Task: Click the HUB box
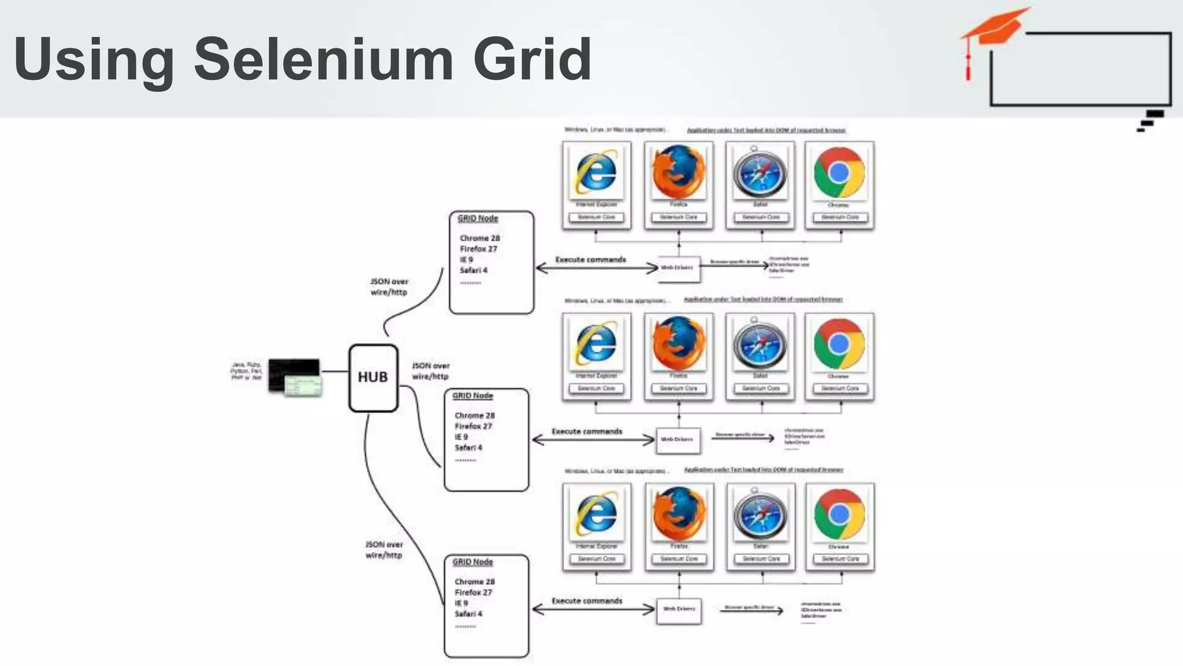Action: click(373, 378)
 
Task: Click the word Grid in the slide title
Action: click(532, 58)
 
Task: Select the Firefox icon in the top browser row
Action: click(679, 172)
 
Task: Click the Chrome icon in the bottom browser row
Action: click(839, 514)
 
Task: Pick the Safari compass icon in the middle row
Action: click(760, 344)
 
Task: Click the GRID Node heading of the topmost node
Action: click(478, 219)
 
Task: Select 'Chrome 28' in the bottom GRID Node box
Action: click(474, 582)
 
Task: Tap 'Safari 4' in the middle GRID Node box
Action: click(468, 447)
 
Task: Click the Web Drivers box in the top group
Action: click(678, 268)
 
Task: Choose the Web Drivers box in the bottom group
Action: click(679, 609)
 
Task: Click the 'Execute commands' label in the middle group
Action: click(587, 431)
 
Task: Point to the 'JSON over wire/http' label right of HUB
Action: click(430, 371)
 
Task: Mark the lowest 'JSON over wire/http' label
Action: click(384, 550)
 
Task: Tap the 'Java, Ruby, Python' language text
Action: click(246, 371)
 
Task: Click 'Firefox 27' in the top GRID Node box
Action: click(478, 249)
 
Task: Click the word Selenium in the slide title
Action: click(323, 58)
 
